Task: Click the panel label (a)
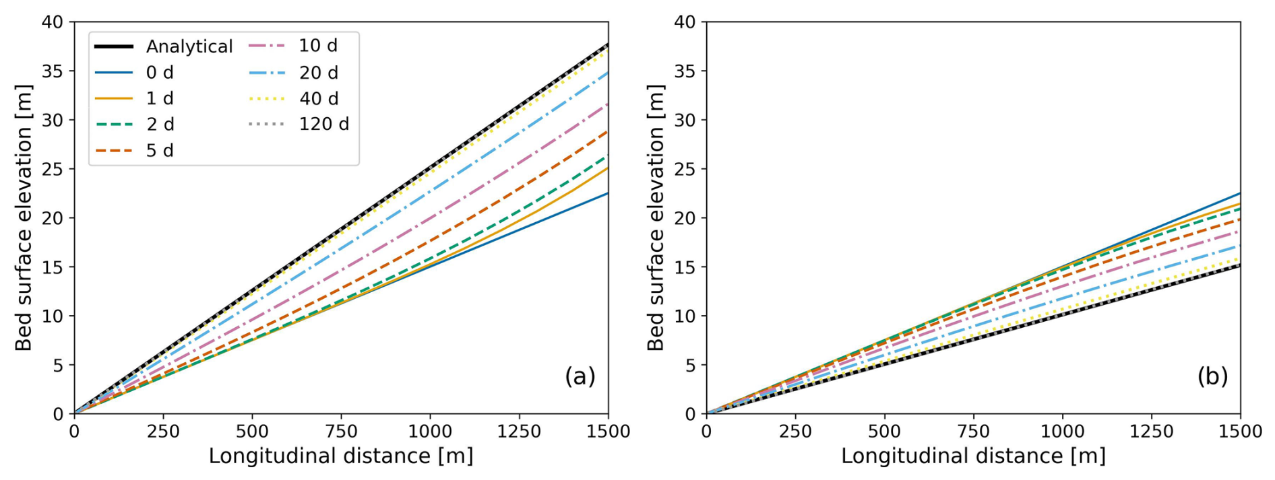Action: [580, 376]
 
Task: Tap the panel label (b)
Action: [1212, 376]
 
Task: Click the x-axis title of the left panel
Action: [341, 456]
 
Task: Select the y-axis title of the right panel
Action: [655, 217]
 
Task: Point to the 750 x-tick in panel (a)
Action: [341, 432]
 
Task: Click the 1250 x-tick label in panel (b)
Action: [1152, 432]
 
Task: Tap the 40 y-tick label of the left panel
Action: [53, 22]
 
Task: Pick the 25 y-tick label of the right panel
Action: [685, 169]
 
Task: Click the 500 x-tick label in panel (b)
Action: [884, 432]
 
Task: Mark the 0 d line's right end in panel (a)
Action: [608, 193]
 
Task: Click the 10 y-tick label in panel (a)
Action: [53, 316]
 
